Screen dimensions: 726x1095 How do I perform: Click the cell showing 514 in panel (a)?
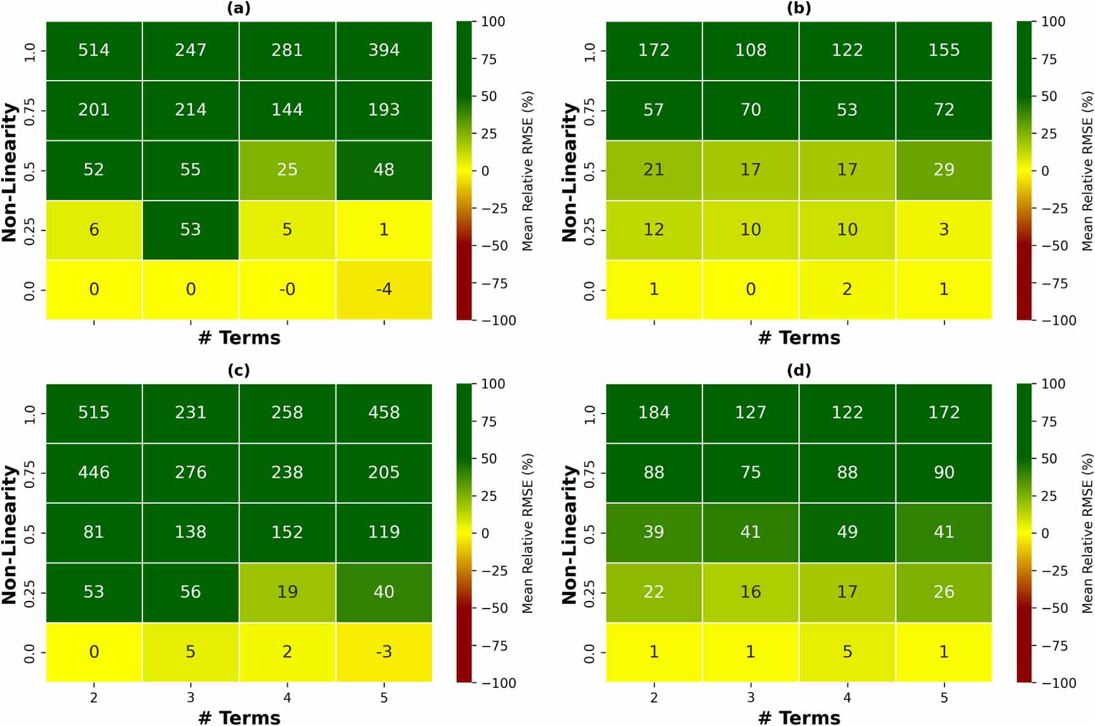click(x=94, y=50)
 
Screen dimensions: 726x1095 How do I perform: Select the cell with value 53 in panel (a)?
click(x=191, y=229)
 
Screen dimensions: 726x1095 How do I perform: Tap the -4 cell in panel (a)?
click(x=384, y=290)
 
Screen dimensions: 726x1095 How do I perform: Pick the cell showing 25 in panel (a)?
click(x=287, y=170)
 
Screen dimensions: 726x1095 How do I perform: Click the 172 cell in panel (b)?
click(x=654, y=50)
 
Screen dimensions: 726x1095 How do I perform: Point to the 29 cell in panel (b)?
click(x=944, y=170)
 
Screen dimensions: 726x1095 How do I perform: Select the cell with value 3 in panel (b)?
click(x=944, y=229)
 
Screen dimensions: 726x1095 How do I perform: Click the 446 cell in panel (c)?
click(x=94, y=472)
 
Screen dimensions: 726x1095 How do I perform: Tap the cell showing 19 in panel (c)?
click(x=287, y=592)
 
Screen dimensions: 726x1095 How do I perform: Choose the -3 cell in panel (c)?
click(x=384, y=652)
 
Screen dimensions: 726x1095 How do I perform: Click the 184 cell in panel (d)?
click(x=654, y=412)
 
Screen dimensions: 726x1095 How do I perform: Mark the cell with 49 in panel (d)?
click(x=847, y=532)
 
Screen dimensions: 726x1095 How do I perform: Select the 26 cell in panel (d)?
click(x=944, y=592)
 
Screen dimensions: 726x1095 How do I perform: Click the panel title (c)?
click(x=239, y=370)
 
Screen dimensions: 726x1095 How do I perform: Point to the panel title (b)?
click(x=798, y=8)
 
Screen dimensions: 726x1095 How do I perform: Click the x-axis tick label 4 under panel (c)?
click(x=287, y=697)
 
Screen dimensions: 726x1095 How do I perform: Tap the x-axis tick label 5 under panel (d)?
click(x=944, y=697)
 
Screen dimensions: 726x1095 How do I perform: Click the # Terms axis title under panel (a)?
click(x=239, y=338)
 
